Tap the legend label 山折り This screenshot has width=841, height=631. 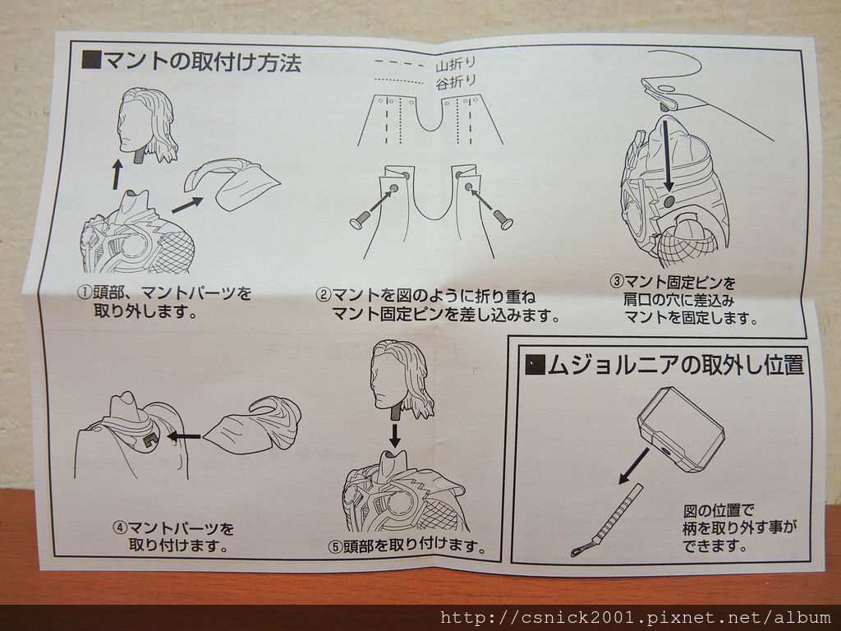pos(456,65)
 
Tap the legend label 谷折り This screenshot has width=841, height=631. pos(456,82)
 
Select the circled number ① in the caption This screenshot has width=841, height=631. pos(85,293)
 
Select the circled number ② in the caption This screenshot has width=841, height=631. pos(324,295)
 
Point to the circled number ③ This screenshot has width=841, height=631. pos(617,281)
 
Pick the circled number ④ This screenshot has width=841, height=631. pos(120,527)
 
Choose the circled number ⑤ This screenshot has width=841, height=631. pos(336,546)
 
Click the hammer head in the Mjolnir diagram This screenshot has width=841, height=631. pos(681,429)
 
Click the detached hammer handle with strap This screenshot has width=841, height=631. pos(608,520)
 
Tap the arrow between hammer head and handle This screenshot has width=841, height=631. pos(635,465)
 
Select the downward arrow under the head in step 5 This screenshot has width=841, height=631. pos(395,435)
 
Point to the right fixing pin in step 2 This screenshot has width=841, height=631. pos(503,219)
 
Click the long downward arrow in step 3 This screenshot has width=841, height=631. pos(667,155)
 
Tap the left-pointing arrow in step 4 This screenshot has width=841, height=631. pos(185,436)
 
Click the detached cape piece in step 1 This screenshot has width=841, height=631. pos(232,183)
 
